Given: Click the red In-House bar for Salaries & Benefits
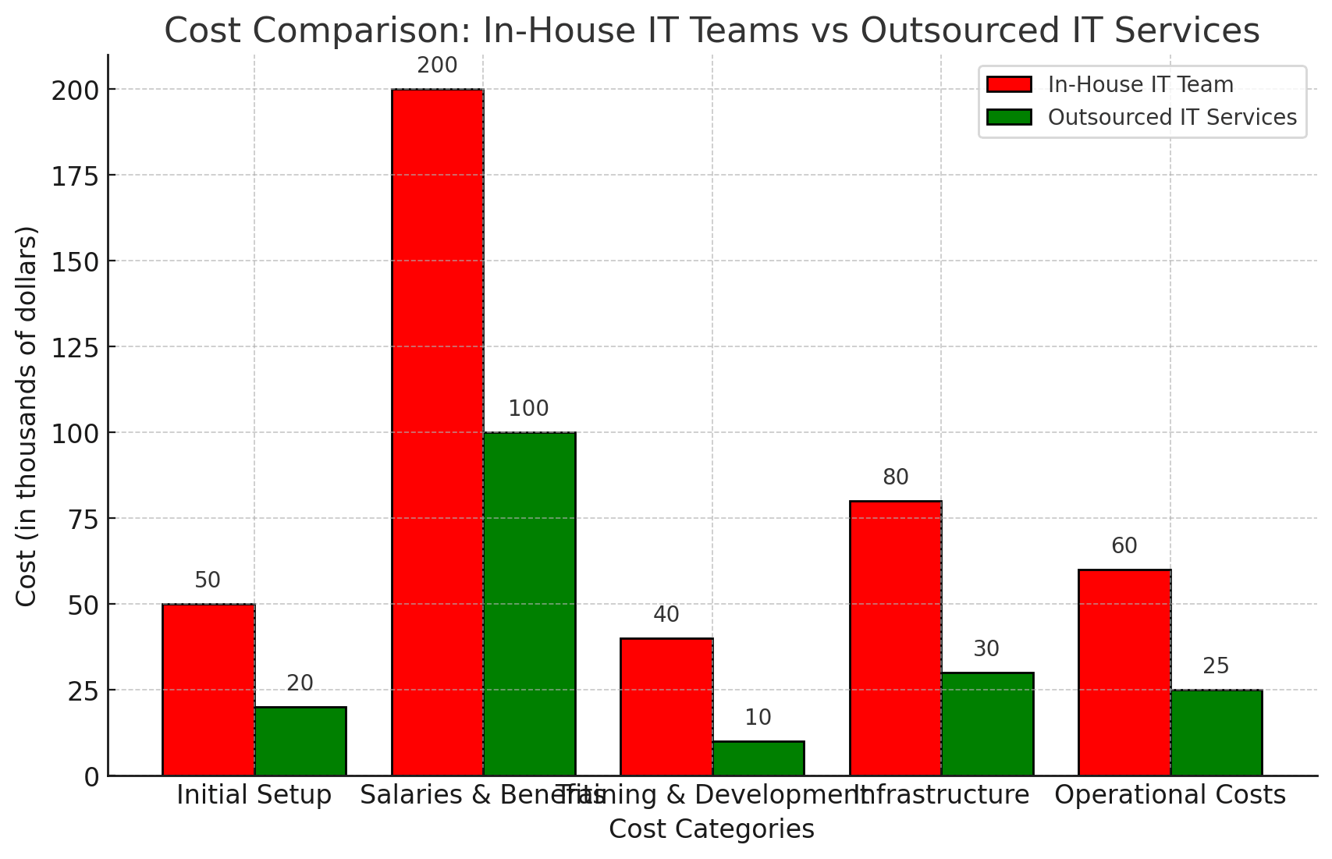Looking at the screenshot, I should (x=437, y=432).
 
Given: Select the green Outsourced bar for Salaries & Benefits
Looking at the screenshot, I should (x=529, y=604).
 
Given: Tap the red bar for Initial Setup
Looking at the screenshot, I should (x=208, y=690).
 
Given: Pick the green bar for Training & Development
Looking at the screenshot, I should (x=758, y=758).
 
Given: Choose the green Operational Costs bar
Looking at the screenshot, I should (x=1217, y=733).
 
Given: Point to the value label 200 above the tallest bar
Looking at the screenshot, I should (x=437, y=66).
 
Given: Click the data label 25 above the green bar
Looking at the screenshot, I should (x=1216, y=666).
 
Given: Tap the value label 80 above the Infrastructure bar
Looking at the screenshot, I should (x=896, y=477).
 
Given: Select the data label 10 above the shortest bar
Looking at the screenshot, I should (x=758, y=718).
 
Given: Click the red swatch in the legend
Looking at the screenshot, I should (x=1008, y=84).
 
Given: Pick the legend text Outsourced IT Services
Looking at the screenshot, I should (x=1172, y=117).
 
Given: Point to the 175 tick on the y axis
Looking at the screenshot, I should (x=76, y=176).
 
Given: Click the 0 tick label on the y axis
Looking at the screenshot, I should (x=92, y=777).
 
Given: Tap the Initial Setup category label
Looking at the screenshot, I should (x=254, y=795).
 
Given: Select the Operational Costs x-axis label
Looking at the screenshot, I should (x=1170, y=795).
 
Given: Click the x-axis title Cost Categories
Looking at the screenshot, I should (x=711, y=829).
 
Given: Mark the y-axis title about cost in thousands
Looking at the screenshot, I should (x=27, y=415).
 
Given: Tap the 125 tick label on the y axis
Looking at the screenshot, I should (x=76, y=348).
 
